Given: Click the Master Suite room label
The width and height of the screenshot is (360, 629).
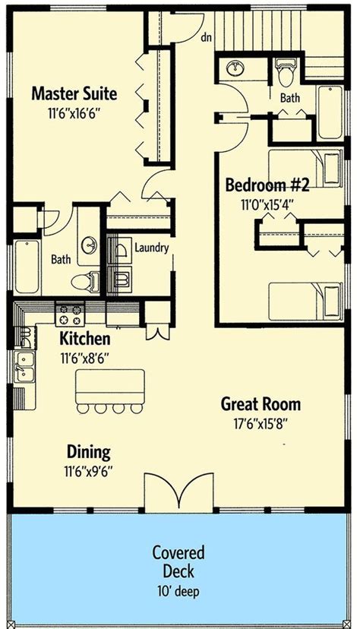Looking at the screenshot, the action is click(74, 94).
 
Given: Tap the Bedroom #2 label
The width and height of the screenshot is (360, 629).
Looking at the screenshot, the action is click(267, 185).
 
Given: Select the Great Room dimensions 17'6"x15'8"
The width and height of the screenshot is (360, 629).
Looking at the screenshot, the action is click(261, 424).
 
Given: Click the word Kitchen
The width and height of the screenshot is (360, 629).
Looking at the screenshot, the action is click(84, 339).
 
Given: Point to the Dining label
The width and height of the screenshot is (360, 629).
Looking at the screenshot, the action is click(89, 452).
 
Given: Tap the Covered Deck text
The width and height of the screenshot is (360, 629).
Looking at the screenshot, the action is click(178, 561).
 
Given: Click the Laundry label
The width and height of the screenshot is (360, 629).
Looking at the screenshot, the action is click(152, 248).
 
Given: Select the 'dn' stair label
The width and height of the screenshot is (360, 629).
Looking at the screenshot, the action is click(206, 38).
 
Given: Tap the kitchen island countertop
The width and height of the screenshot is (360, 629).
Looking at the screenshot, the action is click(110, 387).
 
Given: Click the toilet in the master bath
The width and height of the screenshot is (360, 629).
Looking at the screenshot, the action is click(85, 281).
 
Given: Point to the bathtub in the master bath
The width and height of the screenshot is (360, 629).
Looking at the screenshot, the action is click(27, 267).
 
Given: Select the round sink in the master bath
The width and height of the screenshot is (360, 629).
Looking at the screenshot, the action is click(89, 245).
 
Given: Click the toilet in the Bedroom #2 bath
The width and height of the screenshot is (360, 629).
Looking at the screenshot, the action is click(286, 72).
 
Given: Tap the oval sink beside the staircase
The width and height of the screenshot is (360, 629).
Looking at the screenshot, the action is click(235, 68).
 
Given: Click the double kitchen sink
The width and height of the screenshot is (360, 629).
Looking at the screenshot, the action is click(25, 367).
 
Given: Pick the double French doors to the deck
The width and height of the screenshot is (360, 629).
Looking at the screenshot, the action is click(178, 492).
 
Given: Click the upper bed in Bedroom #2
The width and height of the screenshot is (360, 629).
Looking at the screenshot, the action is click(305, 169).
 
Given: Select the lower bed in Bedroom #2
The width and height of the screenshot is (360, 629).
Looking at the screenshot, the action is click(305, 302).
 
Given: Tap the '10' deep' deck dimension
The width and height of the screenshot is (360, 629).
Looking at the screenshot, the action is click(178, 591).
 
